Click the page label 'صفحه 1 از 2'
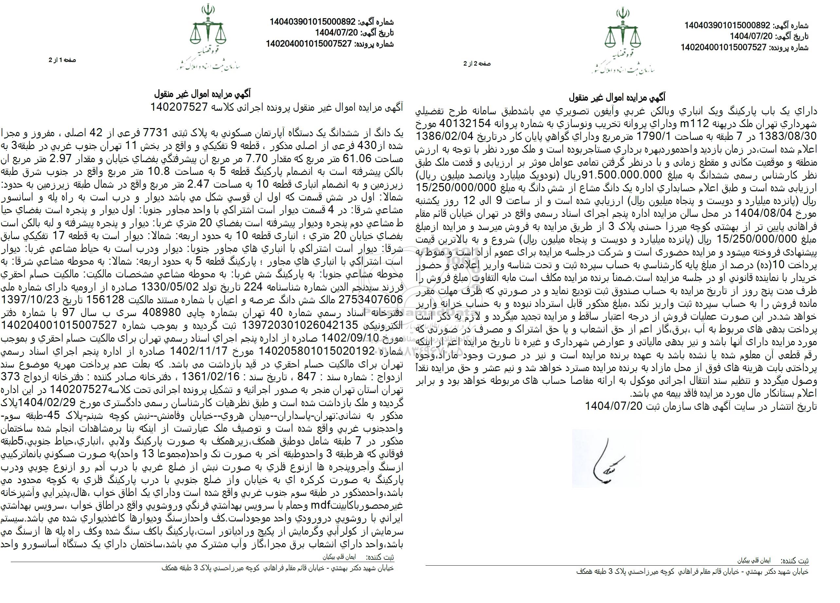[x=62, y=60]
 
